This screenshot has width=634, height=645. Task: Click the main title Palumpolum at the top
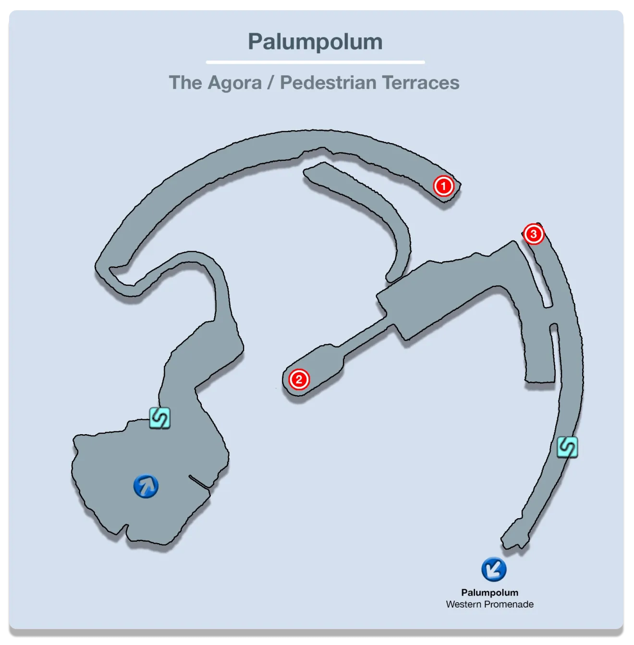click(315, 42)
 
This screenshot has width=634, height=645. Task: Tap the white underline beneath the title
click(315, 62)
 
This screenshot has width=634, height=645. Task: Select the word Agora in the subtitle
click(235, 83)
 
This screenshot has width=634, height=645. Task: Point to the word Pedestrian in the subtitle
click(328, 83)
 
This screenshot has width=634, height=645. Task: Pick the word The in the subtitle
click(185, 83)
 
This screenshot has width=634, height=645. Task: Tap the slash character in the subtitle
click(271, 83)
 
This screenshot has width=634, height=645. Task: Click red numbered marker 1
click(443, 186)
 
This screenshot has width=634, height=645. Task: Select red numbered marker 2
click(299, 380)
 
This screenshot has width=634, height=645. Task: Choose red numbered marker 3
click(533, 234)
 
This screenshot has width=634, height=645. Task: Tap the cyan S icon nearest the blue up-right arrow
click(159, 417)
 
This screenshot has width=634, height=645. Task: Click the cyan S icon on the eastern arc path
click(567, 447)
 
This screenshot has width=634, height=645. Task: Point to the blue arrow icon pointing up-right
click(146, 486)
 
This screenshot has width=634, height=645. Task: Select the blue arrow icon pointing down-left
click(494, 569)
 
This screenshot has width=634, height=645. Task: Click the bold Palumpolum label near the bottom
click(489, 593)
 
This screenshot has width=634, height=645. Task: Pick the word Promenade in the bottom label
click(510, 604)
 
